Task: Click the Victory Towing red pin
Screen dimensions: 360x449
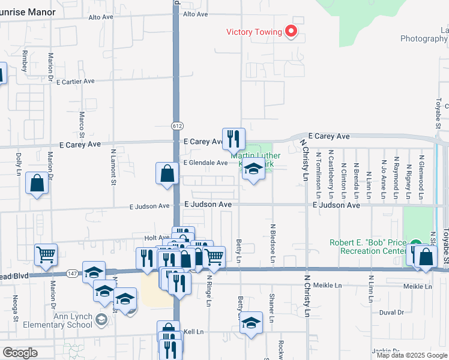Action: (x=291, y=31)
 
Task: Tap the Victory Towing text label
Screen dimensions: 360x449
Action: (x=254, y=32)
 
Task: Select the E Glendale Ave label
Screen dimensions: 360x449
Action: (x=206, y=163)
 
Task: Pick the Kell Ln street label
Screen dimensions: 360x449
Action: (x=193, y=331)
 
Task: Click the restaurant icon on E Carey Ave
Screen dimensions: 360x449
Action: (x=233, y=139)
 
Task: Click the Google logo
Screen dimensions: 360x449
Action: (x=20, y=353)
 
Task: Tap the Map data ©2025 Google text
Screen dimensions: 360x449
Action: (x=411, y=355)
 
